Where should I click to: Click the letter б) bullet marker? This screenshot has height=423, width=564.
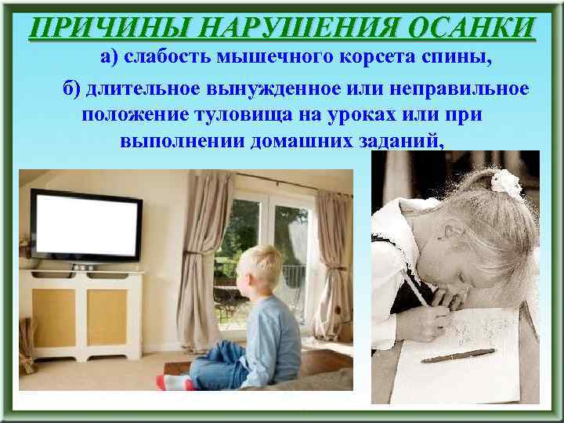[72, 90]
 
